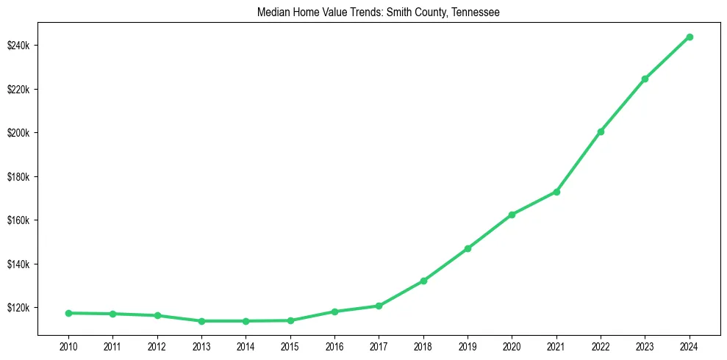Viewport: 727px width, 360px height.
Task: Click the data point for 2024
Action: coord(689,37)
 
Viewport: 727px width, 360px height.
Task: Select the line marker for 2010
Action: coord(68,313)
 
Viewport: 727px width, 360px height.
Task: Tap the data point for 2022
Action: coord(601,132)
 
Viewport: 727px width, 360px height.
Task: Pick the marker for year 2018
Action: coord(423,281)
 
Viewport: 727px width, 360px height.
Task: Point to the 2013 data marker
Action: coord(201,321)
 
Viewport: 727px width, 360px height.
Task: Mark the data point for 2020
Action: coord(512,215)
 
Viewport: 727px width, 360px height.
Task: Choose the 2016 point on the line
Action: coord(334,312)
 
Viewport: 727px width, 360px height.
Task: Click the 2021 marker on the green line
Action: coord(556,192)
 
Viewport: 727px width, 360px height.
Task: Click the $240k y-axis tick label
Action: coord(18,46)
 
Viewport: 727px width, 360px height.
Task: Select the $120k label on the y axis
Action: coord(18,308)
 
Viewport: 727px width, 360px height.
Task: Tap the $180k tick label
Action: coord(18,177)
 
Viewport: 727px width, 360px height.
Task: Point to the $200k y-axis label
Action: coord(18,133)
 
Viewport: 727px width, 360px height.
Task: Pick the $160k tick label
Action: coord(18,220)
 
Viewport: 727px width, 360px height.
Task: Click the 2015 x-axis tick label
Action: coord(290,345)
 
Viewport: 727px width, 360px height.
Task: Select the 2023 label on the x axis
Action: coord(645,345)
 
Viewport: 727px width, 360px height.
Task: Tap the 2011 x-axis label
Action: coord(112,345)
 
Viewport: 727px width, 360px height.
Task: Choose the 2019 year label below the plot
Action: coord(468,345)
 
